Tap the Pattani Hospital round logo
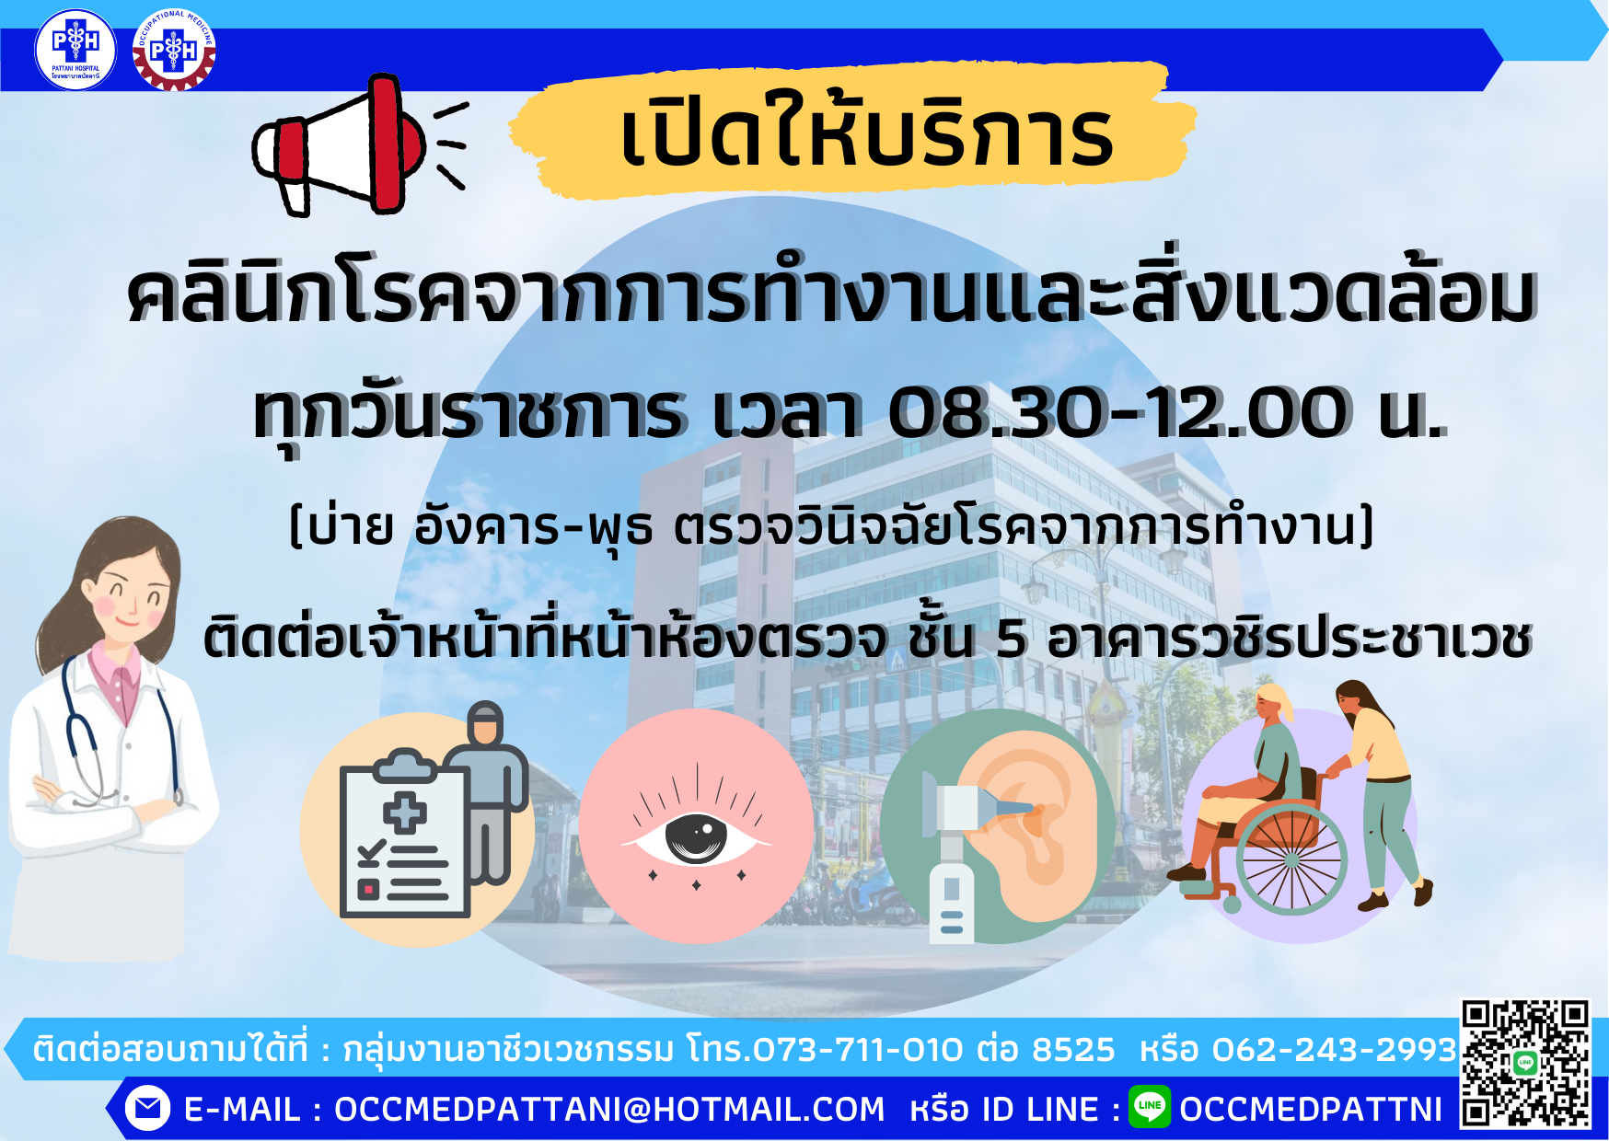75,50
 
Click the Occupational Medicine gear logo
174,50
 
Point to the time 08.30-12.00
1118,413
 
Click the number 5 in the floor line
1011,639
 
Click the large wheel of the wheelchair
1291,859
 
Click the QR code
1526,1064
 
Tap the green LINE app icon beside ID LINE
1150,1106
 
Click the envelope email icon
147,1108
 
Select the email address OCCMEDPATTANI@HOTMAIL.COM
608,1110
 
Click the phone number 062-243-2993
1334,1049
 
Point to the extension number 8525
1073,1049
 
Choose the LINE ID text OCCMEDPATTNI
1311,1110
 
